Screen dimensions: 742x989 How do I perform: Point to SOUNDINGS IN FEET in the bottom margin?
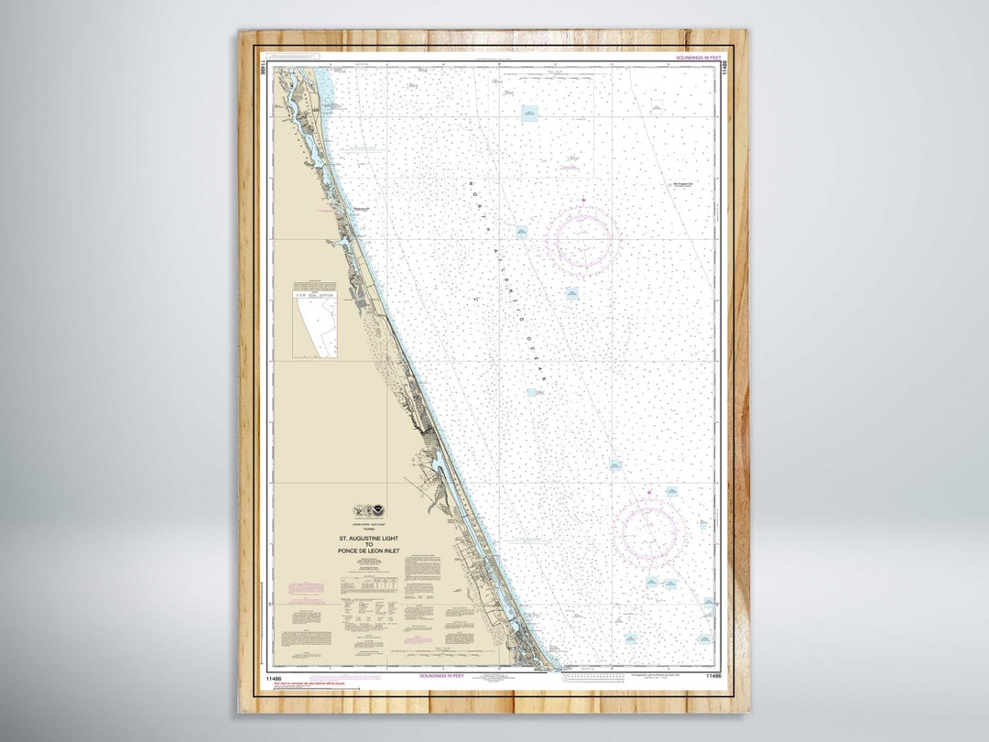pyautogui.click(x=441, y=676)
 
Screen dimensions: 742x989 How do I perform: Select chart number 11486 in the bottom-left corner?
pyautogui.click(x=272, y=677)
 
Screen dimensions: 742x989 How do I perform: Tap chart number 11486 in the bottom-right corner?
pyautogui.click(x=714, y=676)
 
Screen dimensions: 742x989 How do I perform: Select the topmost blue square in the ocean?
pyautogui.click(x=530, y=113)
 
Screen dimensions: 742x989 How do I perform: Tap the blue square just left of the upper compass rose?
pyautogui.click(x=521, y=232)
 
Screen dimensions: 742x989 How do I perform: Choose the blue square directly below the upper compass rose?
pyautogui.click(x=571, y=294)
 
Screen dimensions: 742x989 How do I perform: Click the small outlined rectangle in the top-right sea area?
pyautogui.click(x=657, y=106)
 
